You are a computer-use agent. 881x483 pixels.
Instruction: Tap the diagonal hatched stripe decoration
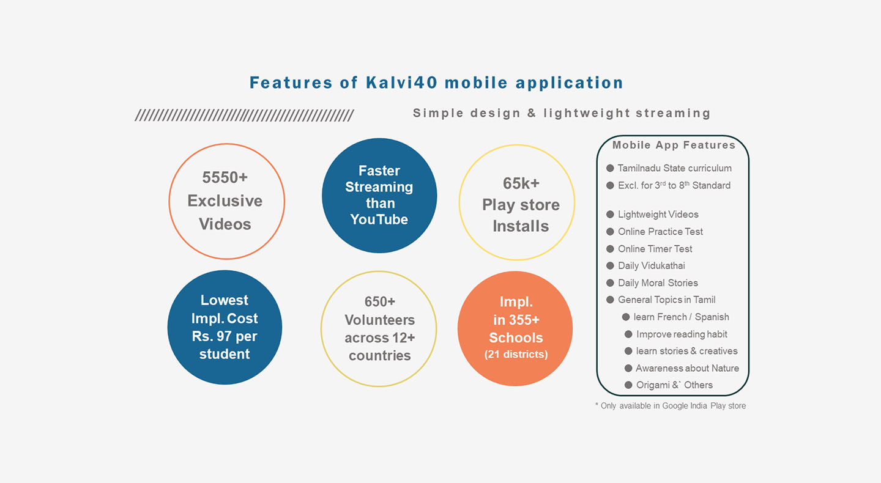pos(244,115)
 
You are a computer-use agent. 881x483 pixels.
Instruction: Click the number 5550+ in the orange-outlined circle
pos(225,178)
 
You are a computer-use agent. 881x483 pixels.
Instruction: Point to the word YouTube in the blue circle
pos(379,219)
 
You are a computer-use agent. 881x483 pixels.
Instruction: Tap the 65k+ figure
pos(521,183)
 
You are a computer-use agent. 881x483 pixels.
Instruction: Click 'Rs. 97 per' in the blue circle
pos(225,336)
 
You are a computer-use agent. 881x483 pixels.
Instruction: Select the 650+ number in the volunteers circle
pos(379,302)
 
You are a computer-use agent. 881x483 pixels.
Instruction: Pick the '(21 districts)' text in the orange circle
pos(516,355)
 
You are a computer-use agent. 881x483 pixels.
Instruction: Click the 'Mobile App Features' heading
pos(674,145)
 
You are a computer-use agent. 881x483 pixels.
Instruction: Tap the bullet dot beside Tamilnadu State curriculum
pos(610,168)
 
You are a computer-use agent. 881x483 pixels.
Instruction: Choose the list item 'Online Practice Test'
pos(660,232)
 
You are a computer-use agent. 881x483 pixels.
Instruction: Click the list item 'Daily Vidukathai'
pos(652,266)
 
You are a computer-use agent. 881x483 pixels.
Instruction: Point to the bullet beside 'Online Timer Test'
pos(610,249)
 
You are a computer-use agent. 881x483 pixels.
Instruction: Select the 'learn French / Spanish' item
pos(681,317)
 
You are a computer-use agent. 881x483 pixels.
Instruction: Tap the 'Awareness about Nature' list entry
pos(688,368)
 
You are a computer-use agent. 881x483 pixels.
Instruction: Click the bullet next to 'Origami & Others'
pos(628,385)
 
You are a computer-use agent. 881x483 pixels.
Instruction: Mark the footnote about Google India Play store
pos(671,406)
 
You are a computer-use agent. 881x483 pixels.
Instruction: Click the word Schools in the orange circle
pos(516,338)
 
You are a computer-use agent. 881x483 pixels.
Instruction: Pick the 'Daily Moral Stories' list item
pos(658,283)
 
